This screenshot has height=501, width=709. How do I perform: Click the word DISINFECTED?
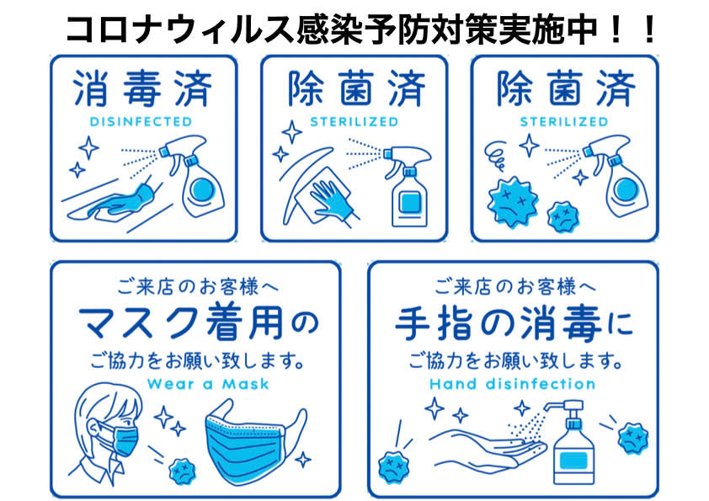(141, 121)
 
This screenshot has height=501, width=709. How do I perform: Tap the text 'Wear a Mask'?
(208, 384)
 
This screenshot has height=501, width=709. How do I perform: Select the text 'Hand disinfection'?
(512, 384)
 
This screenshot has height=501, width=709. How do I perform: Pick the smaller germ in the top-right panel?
(563, 217)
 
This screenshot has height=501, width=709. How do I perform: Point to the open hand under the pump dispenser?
(488, 449)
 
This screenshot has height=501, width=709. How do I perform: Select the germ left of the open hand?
(393, 466)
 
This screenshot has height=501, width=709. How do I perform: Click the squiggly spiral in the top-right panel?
(496, 156)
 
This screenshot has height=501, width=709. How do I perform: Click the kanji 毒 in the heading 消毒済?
(141, 88)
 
